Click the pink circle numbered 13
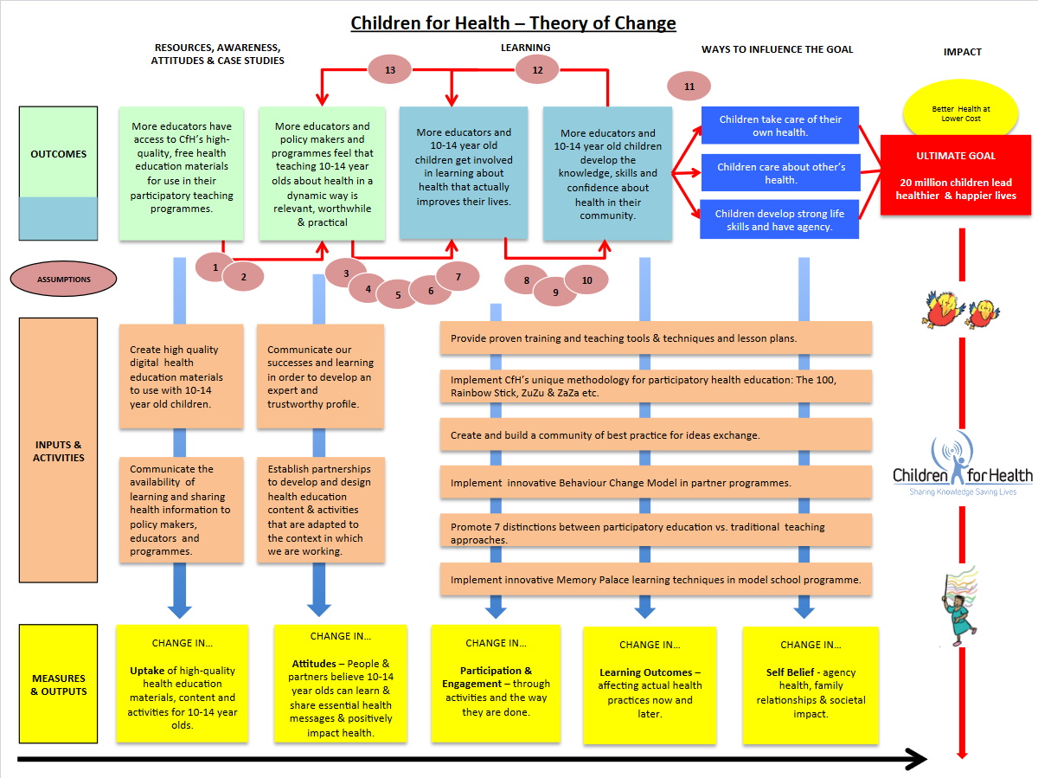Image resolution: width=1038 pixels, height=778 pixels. (390, 70)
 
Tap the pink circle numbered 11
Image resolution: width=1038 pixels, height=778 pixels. (689, 86)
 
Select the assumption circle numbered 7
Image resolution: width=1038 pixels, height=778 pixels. (458, 277)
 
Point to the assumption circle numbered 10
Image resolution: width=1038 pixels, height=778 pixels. (587, 280)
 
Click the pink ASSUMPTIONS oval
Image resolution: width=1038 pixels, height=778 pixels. (63, 280)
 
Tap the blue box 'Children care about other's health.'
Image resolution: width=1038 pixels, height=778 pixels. (779, 173)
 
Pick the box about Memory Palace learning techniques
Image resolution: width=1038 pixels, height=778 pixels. (655, 580)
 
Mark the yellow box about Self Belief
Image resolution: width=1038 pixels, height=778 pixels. (811, 685)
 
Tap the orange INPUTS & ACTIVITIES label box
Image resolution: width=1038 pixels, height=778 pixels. (58, 450)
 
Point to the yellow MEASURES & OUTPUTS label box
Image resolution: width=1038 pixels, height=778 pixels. (58, 684)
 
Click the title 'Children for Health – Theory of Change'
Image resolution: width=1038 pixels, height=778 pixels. (513, 23)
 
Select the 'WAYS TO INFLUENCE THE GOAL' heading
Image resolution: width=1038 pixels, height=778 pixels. (777, 49)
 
